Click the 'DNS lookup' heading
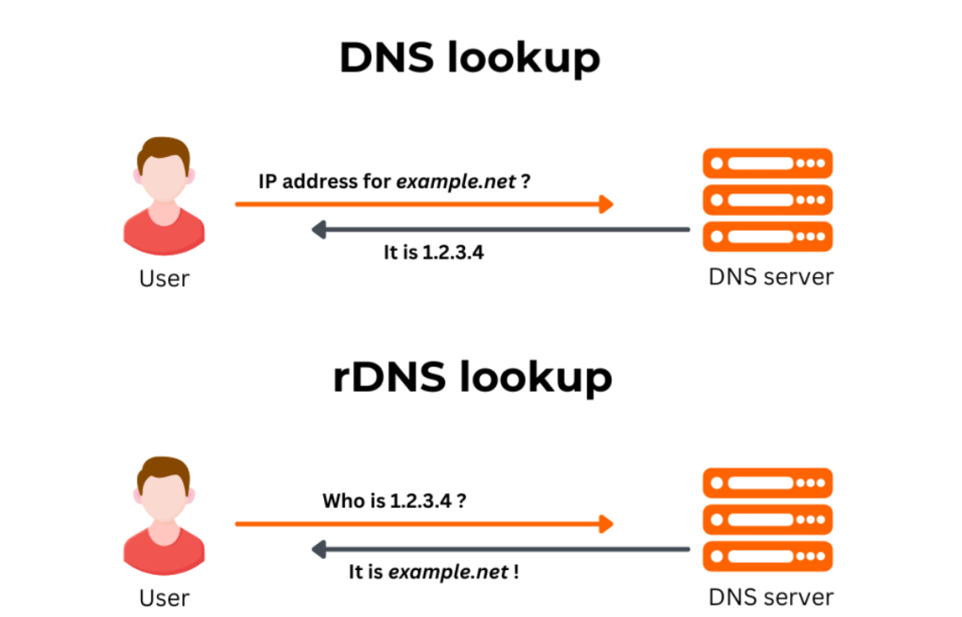(469, 58)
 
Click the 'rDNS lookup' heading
(473, 378)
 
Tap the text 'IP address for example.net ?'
(395, 181)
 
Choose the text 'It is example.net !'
(433, 571)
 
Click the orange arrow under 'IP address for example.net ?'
(424, 204)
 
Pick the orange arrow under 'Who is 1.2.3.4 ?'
(424, 523)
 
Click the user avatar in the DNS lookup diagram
(163, 197)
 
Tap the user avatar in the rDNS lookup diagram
(163, 517)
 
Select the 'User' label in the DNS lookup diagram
(163, 278)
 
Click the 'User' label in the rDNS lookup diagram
(163, 597)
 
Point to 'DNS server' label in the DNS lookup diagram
(770, 277)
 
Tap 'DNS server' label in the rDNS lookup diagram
(770, 596)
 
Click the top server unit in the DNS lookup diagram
(768, 163)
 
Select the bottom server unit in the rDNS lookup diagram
(768, 554)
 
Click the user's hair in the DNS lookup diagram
(163, 152)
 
